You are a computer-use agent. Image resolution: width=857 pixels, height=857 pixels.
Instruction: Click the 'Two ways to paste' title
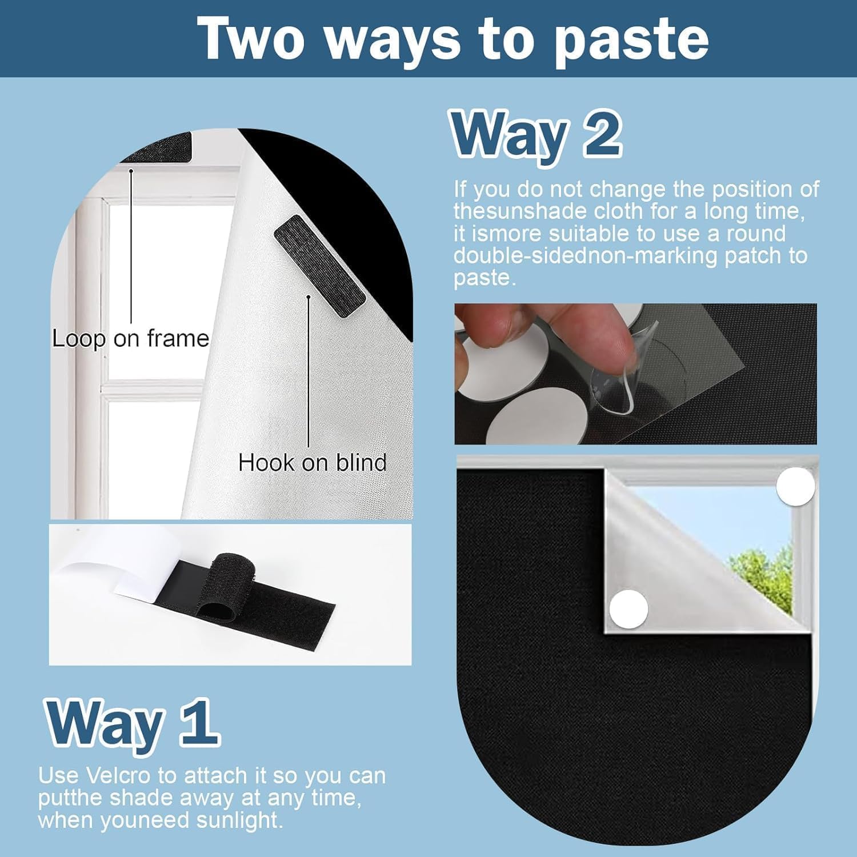coord(455,38)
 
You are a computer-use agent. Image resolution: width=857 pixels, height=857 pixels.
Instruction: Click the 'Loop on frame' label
coord(131,338)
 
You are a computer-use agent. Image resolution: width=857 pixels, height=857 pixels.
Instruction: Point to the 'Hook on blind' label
coord(313,462)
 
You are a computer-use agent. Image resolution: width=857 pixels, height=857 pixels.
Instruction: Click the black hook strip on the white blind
coord(320,265)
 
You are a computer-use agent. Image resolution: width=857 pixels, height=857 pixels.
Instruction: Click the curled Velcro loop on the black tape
coord(220,585)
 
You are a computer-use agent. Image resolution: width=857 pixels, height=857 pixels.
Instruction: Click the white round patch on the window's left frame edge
coord(628,608)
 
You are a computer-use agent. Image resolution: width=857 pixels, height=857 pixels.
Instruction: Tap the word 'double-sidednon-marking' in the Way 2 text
coord(585,255)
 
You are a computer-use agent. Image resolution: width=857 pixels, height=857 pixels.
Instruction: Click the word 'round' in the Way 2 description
coord(755,234)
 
